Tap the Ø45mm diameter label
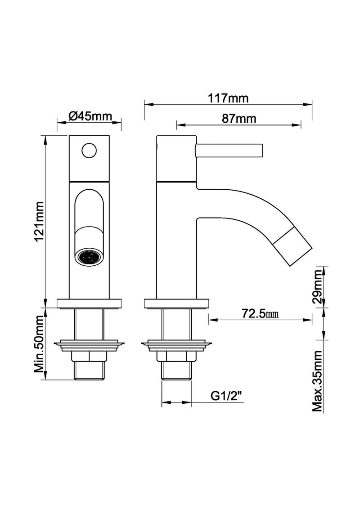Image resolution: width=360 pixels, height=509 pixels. point(90,116)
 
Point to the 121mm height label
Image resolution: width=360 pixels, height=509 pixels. point(39,220)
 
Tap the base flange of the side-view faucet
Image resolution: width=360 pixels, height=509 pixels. point(176,304)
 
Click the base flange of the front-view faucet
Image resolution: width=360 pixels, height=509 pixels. point(90,304)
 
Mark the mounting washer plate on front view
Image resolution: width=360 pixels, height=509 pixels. point(90,345)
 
